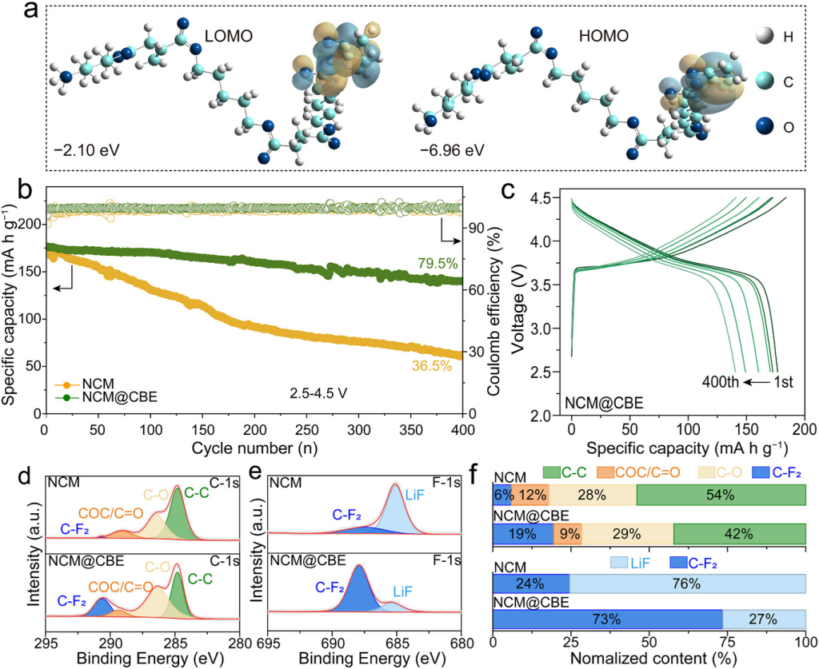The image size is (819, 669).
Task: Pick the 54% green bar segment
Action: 721,495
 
